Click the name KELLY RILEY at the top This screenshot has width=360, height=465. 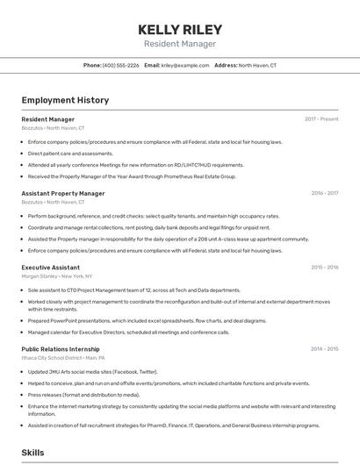pos(179,29)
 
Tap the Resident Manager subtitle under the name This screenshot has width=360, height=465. pos(179,44)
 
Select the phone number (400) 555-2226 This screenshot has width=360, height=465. pos(120,65)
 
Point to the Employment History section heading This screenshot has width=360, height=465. pos(65,100)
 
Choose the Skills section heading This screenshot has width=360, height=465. pos(33,453)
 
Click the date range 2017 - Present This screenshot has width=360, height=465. pos(321,118)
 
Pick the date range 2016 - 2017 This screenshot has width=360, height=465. pos(325,193)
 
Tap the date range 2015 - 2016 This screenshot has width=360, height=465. pos(325,267)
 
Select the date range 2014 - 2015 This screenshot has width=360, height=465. pos(325,348)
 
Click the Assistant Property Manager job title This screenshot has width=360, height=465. pos(63,193)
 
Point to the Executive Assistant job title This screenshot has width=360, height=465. pos(50,267)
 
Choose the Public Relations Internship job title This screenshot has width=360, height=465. pos(66,348)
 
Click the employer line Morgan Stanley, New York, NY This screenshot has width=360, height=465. pos(57,275)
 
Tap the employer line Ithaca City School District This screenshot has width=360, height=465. pos(63,358)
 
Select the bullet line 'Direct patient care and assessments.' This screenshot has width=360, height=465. pos(70,153)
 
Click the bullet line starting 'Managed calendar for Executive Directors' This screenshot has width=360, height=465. pos(128,332)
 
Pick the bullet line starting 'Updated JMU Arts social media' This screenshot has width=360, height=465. pos(92,371)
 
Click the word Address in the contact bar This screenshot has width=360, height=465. pos(226,65)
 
